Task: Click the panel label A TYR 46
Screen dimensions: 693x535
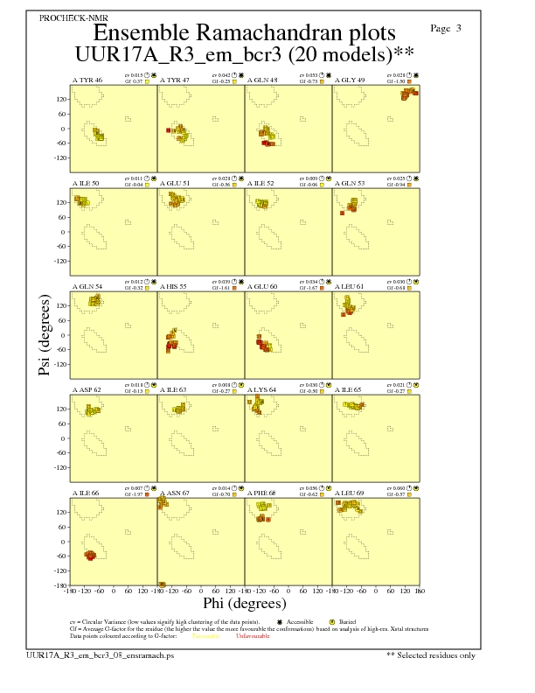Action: click(x=87, y=80)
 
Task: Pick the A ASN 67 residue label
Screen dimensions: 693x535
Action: click(x=175, y=493)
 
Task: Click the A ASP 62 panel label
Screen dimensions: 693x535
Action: click(x=87, y=389)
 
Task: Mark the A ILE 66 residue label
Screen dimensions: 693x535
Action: click(x=87, y=493)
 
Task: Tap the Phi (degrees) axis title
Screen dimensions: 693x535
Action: click(x=245, y=604)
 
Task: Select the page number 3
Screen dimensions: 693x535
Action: click(x=459, y=29)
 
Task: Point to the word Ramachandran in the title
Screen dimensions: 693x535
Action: click(x=246, y=33)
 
